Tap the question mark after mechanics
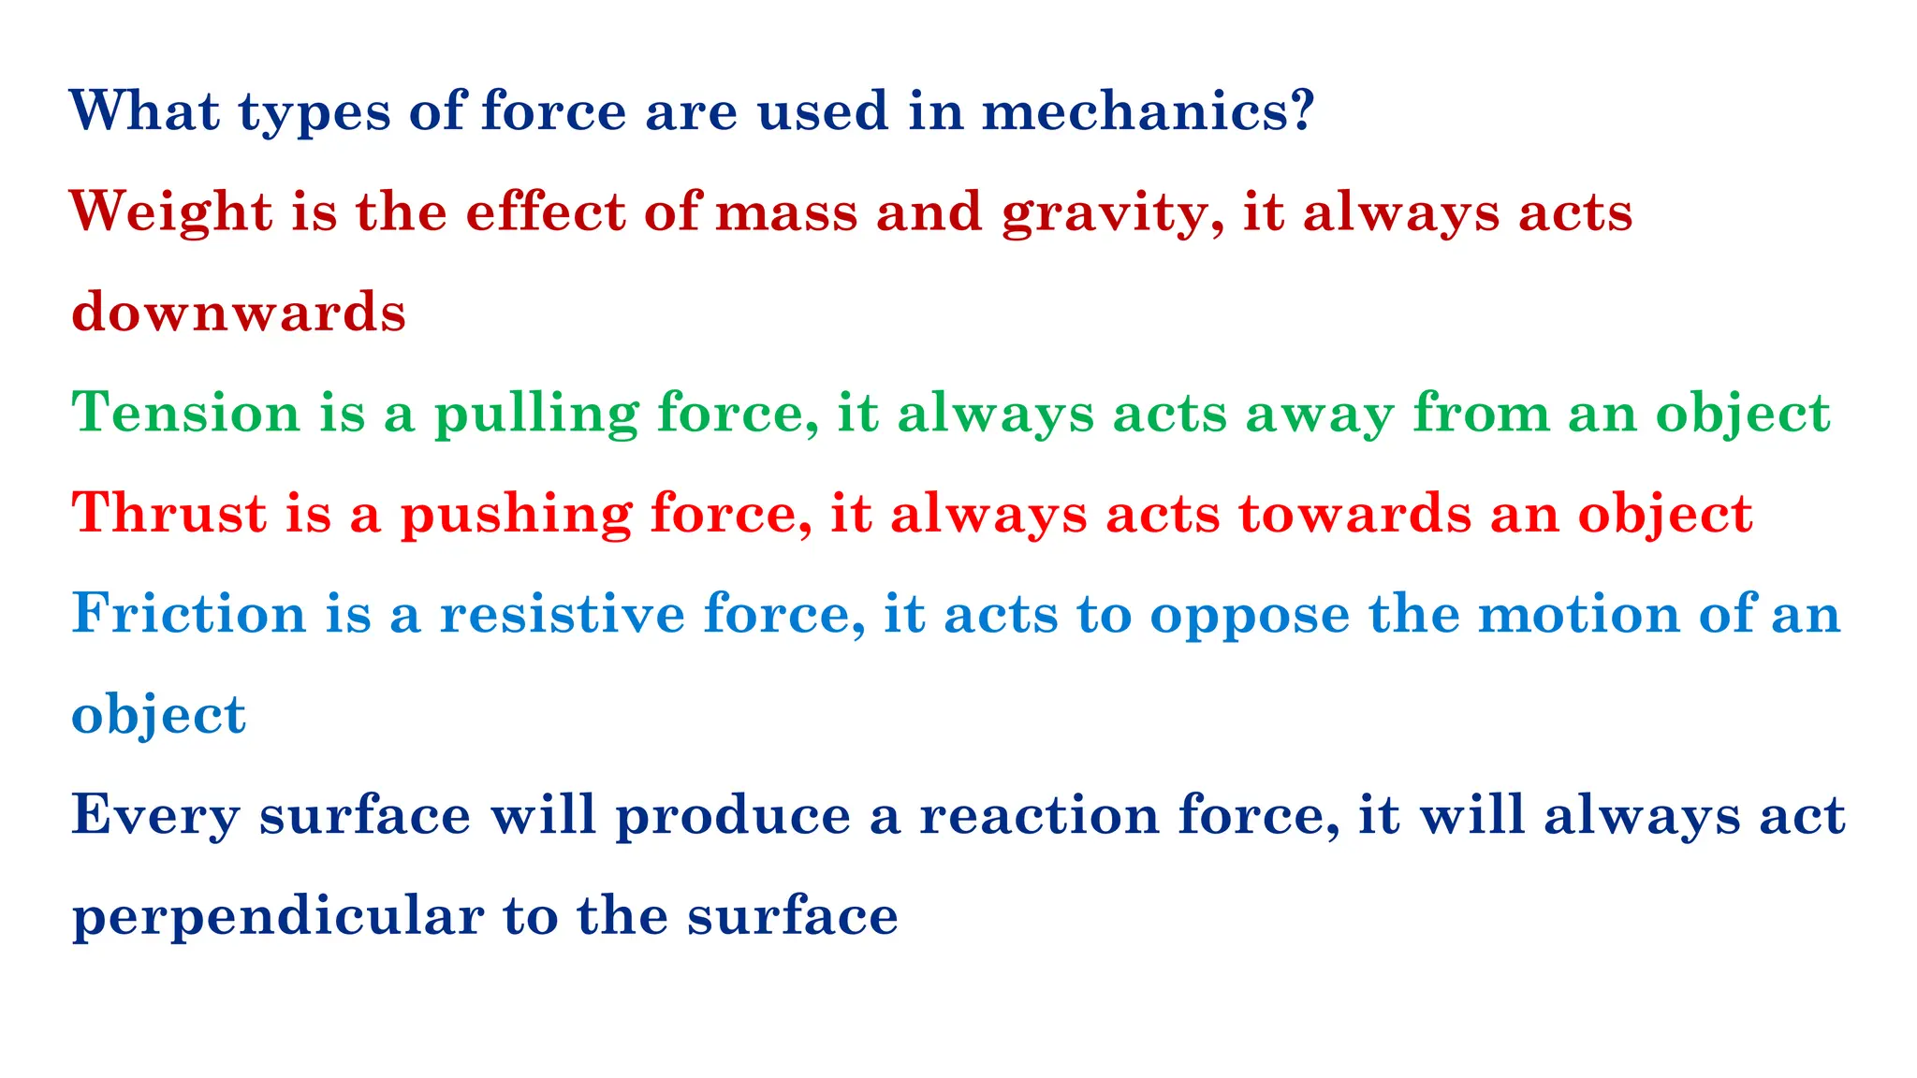pyautogui.click(x=1300, y=110)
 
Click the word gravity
pyautogui.click(x=1105, y=213)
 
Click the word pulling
pyautogui.click(x=536, y=415)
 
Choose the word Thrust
pyautogui.click(x=169, y=514)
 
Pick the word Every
pyautogui.click(x=155, y=816)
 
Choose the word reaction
pyautogui.click(x=1039, y=815)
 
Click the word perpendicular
pyautogui.click(x=278, y=917)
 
